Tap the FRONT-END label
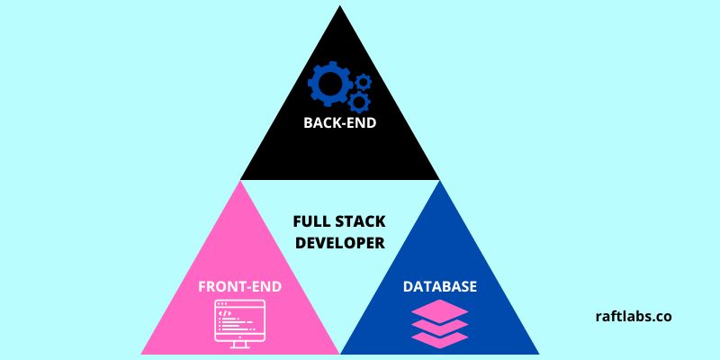coord(240,287)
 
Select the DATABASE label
coord(439,287)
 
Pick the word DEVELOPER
coord(339,242)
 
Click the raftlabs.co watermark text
coord(634,316)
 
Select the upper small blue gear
coord(363,81)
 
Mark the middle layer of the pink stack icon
coord(440,325)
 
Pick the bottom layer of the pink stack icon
coord(440,338)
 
